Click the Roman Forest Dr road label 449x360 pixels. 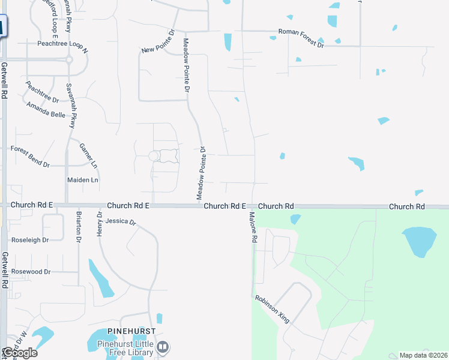[300, 38]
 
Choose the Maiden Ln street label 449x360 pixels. [83, 179]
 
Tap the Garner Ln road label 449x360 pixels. [88, 155]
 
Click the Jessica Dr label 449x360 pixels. [121, 221]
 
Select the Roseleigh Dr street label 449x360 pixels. [29, 239]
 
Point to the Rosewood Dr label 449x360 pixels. [31, 272]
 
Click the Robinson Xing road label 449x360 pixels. [272, 309]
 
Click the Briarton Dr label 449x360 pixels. [78, 226]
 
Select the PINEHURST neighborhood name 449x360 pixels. [131, 331]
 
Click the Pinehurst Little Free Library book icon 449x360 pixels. [163, 347]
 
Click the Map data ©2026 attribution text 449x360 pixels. [423, 355]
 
